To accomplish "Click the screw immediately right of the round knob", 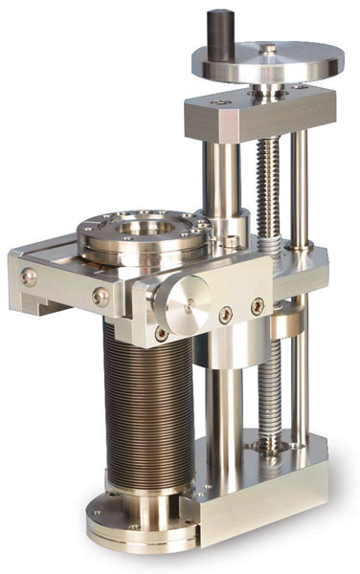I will click(x=225, y=313).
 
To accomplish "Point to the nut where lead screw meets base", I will click(x=259, y=443).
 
